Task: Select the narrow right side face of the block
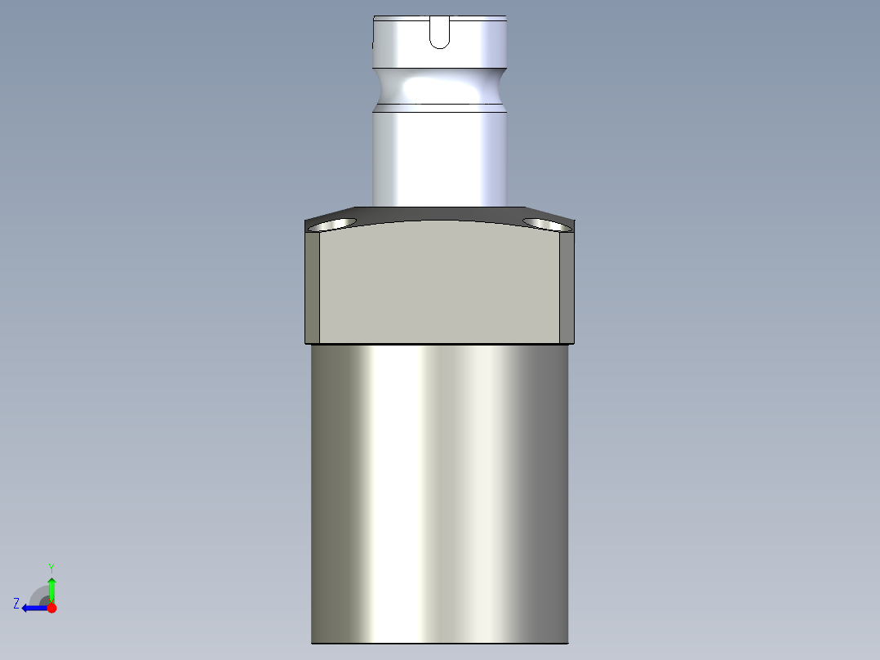[x=567, y=286]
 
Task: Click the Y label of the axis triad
[x=51, y=567]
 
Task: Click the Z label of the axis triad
[x=16, y=604]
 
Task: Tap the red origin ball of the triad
[x=51, y=608]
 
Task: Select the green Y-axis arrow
[x=51, y=588]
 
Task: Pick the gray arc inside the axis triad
[x=39, y=594]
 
